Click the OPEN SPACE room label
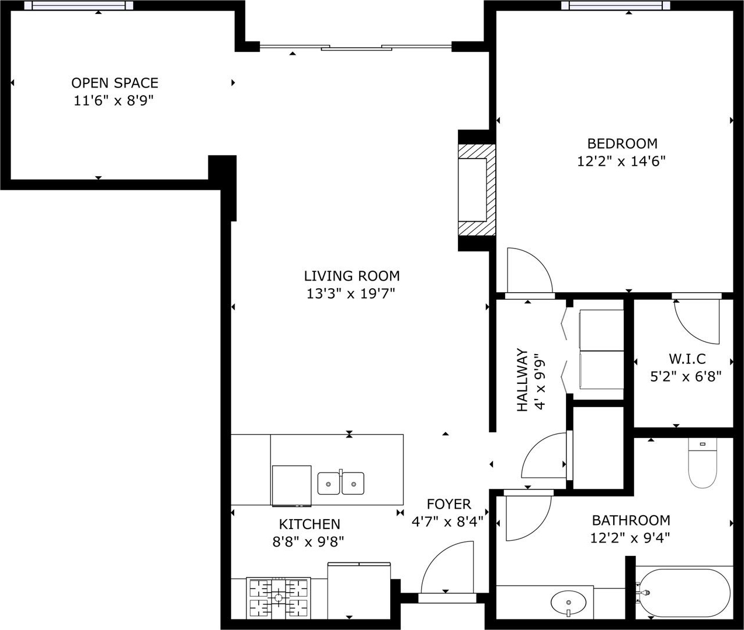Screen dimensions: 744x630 coord(115,83)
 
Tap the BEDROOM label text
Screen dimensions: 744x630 coord(623,143)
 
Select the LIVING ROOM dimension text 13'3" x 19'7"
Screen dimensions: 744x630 coord(351,294)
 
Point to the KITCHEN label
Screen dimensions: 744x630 coord(310,524)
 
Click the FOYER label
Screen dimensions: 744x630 coord(449,505)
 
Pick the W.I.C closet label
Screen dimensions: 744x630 coord(687,359)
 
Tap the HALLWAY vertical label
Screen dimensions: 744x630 coord(522,380)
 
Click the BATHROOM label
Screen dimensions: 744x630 coord(631,520)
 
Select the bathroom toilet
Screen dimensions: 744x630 coord(703,463)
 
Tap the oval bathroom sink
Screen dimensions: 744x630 coord(568,603)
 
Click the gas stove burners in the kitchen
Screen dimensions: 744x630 coord(278,598)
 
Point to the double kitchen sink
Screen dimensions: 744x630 coord(340,483)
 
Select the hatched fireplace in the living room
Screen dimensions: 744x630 coord(476,190)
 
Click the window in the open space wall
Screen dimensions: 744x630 coord(78,5)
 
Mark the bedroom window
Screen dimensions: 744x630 coord(616,5)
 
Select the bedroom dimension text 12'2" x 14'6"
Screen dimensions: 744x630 coord(621,161)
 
